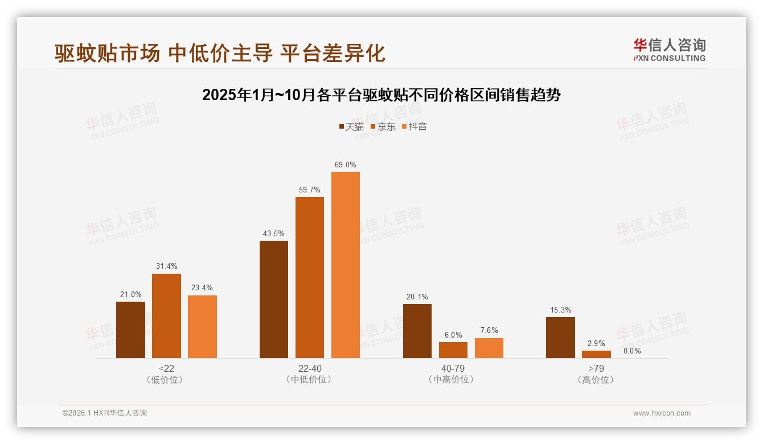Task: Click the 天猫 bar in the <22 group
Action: coord(130,330)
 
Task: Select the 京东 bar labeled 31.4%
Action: coord(166,316)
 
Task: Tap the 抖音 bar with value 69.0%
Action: coord(346,265)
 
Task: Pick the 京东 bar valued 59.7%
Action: coord(310,277)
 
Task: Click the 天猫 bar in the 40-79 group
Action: coord(417,331)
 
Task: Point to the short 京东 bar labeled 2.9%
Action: coord(596,354)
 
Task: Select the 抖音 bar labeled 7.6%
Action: coord(489,348)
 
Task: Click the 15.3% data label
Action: coord(560,310)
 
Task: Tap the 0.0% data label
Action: coord(632,351)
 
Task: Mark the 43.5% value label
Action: coord(274,233)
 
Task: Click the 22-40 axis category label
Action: coord(310,368)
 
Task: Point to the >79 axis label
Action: coord(596,368)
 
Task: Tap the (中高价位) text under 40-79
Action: coord(453,379)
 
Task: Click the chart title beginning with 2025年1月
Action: coord(381,94)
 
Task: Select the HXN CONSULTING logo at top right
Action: coord(669,50)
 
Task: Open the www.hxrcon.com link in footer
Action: coord(662,413)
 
